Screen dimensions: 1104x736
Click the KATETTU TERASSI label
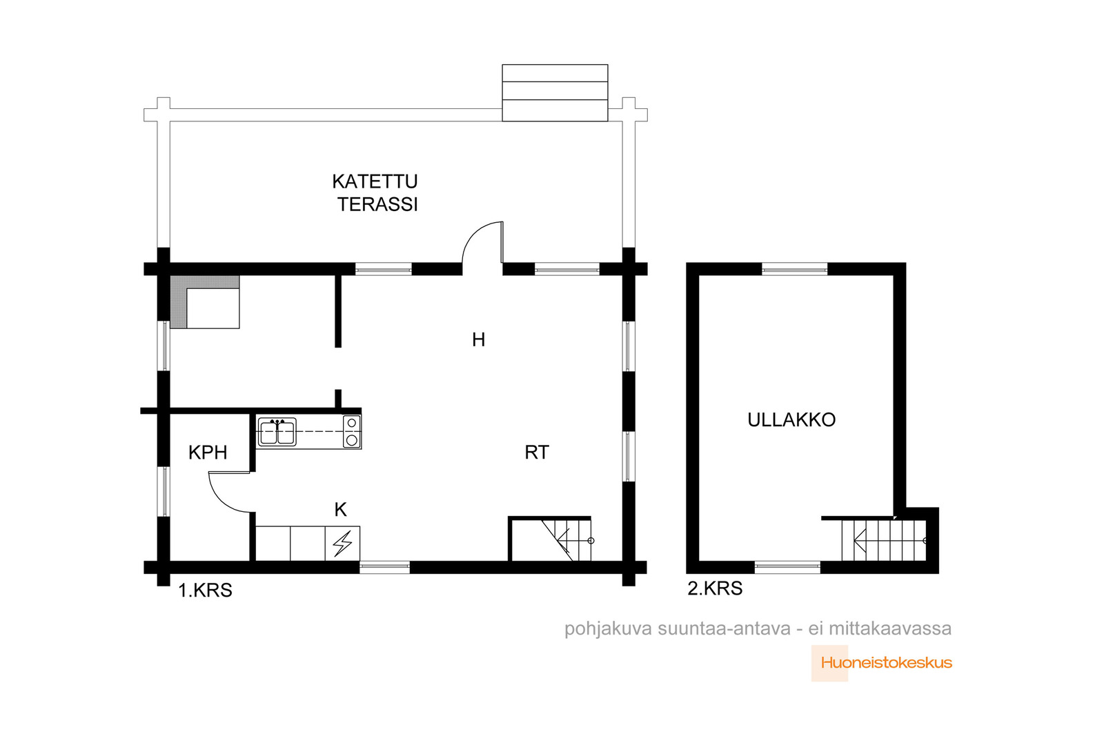375,192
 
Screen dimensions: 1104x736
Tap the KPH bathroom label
208,452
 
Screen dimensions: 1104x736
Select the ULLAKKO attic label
791,419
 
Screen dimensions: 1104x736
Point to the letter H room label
478,339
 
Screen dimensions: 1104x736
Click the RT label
537,452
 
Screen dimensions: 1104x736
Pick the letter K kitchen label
341,509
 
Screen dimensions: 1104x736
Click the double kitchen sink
277,432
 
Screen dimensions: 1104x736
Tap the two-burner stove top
352,432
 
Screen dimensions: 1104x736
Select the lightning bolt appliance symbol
342,544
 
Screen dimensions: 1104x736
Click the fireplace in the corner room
205,302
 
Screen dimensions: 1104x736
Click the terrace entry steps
555,92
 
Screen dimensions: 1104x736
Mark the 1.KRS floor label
205,590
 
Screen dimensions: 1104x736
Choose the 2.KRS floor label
715,588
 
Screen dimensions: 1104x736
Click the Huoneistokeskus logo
882,663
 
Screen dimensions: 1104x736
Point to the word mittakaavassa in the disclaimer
890,629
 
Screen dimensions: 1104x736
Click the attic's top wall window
794,268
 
